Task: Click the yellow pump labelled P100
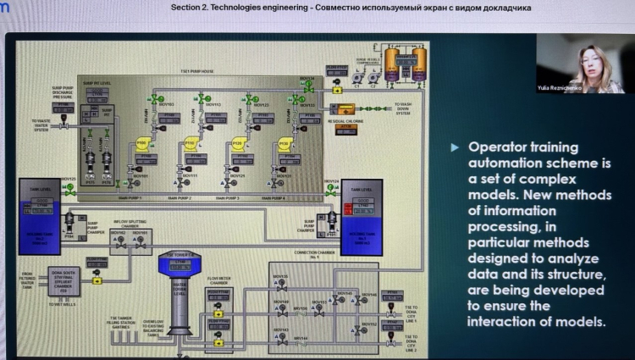[x=142, y=145]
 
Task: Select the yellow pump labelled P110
[x=190, y=145]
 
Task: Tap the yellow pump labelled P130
[x=284, y=145]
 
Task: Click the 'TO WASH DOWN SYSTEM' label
[x=404, y=108]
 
